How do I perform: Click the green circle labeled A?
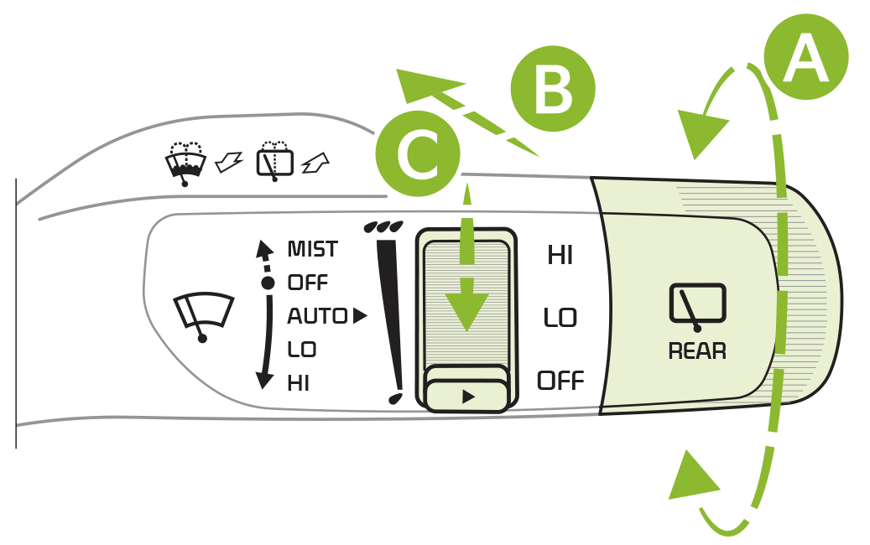tap(805, 57)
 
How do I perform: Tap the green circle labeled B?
tap(553, 89)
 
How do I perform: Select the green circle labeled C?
tap(418, 153)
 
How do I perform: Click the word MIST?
tap(312, 249)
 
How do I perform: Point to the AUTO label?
tap(317, 316)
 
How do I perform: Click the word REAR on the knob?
tap(696, 351)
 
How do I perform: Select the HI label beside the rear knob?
tap(560, 256)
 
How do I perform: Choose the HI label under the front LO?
tap(298, 383)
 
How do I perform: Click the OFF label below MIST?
tap(307, 283)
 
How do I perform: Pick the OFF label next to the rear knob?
tap(560, 381)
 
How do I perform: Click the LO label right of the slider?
tap(560, 318)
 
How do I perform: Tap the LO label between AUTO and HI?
tap(301, 350)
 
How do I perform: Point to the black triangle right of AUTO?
tap(360, 315)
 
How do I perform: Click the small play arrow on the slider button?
tap(468, 397)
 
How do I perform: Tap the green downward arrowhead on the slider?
tap(466, 311)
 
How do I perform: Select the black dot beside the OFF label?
tap(268, 283)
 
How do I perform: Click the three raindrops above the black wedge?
tap(383, 226)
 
